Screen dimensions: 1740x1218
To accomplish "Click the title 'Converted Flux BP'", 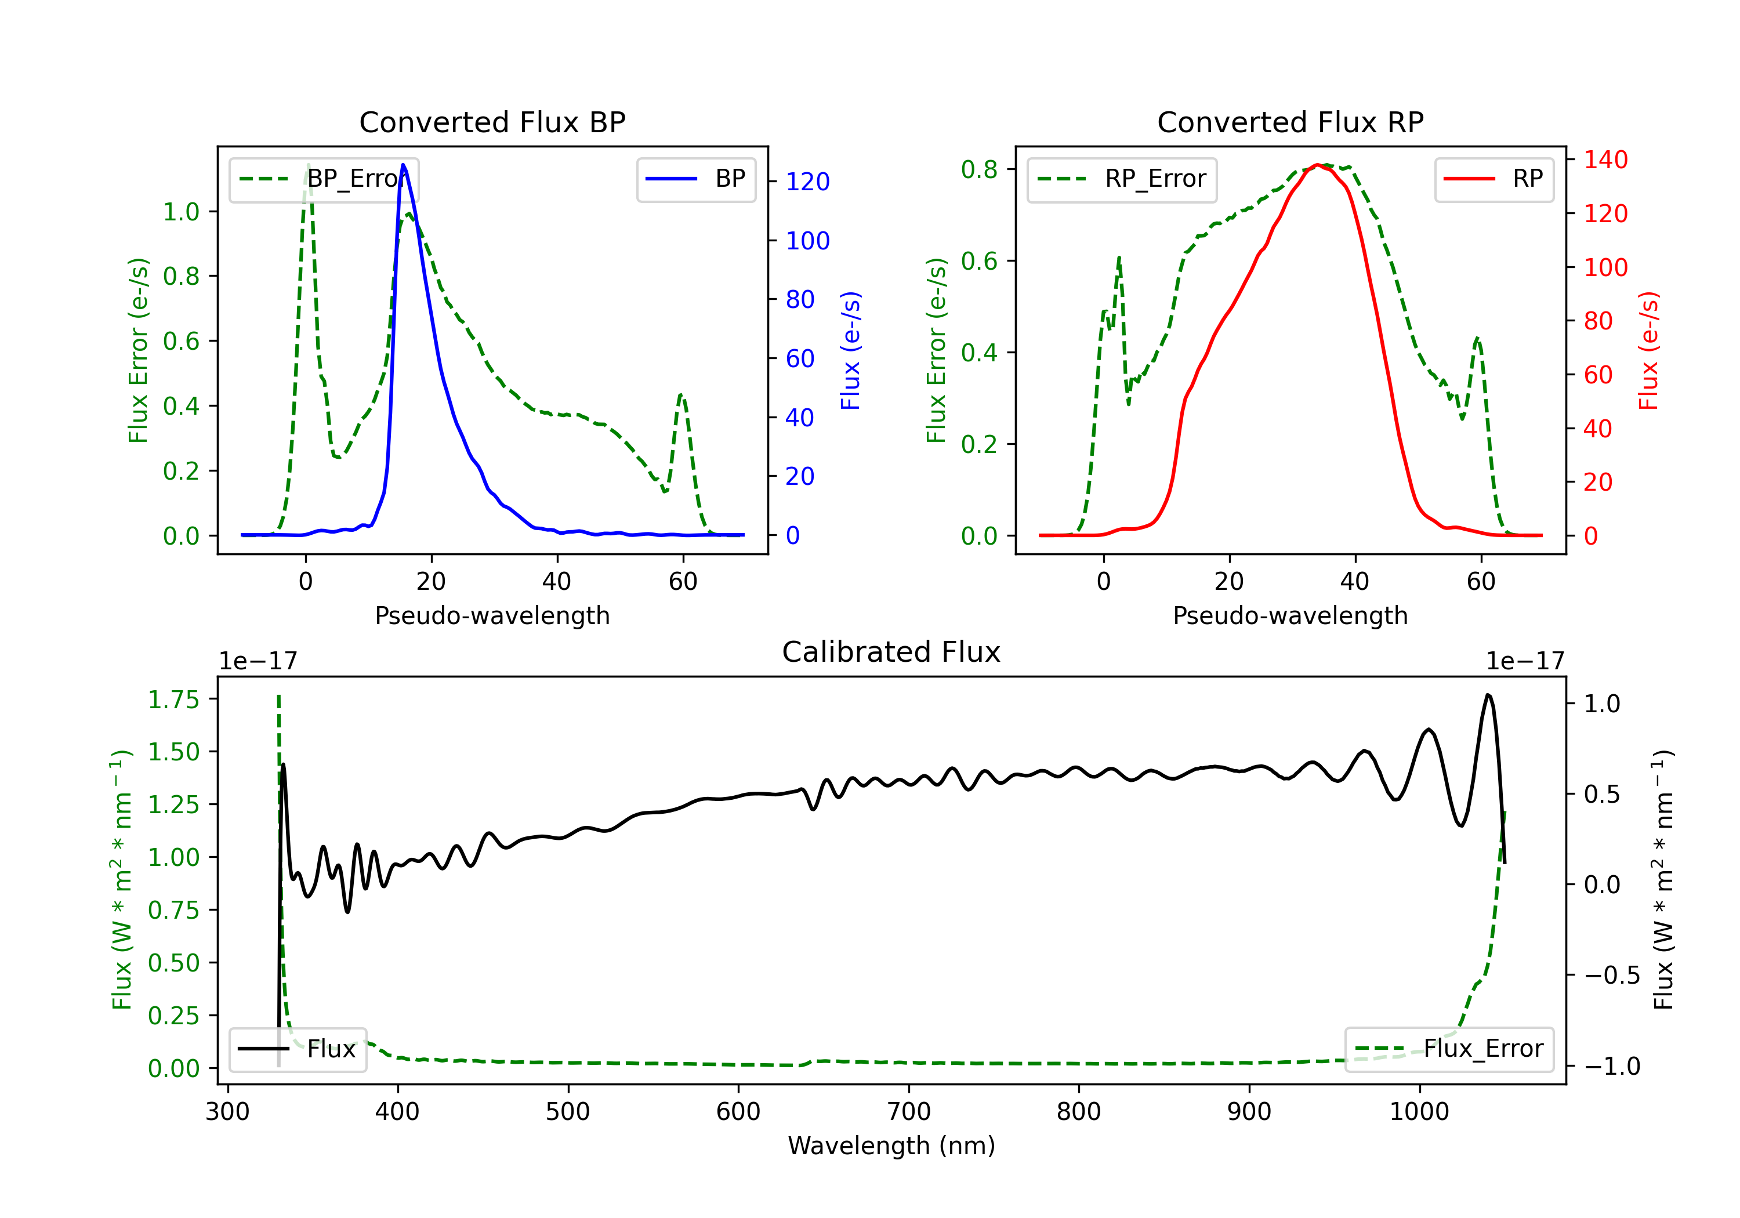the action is (492, 122).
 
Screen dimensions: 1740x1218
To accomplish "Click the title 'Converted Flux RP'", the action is (1290, 122).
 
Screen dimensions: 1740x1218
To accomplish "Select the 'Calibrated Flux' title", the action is (891, 652).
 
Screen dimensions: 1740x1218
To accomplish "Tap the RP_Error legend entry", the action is (1122, 179).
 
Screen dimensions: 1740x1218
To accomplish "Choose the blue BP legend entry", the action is (695, 179).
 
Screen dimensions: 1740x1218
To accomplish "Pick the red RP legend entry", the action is (1493, 179).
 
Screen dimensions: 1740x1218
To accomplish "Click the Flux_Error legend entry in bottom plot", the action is (1449, 1049).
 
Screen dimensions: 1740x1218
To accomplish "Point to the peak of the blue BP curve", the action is (403, 165).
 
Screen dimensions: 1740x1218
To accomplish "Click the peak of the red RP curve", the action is (1318, 165).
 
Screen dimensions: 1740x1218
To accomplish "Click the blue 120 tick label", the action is (808, 182).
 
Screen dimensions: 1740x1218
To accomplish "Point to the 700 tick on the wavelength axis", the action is (909, 1111).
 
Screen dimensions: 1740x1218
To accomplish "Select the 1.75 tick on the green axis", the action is (173, 699).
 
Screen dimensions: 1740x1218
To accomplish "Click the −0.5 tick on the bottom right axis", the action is (1612, 976).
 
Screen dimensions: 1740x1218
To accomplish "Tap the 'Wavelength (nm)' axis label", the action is (891, 1146).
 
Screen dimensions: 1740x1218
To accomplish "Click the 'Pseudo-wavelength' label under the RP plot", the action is (1290, 615).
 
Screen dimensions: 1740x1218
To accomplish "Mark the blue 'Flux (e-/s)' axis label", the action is (850, 350).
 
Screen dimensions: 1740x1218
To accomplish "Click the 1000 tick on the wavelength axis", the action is (1419, 1111).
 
